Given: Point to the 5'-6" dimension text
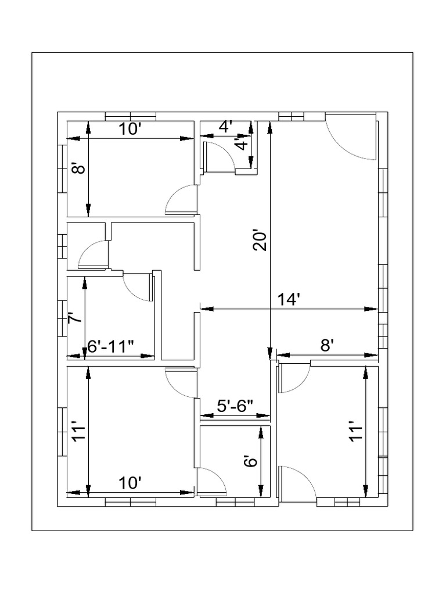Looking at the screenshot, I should (235, 406).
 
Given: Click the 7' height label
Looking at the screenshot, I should (74, 318).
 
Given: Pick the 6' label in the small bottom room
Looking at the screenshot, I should (250, 462).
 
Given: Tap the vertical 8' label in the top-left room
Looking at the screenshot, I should (78, 169).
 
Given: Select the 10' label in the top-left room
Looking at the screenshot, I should (131, 129).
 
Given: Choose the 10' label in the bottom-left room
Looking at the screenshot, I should (131, 483).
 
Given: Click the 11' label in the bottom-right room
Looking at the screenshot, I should (355, 432).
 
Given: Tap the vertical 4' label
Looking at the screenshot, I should (242, 143).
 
